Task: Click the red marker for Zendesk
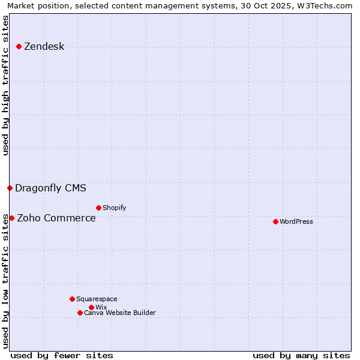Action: click(19, 46)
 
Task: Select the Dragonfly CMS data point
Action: click(10, 188)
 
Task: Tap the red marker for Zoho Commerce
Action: click(11, 218)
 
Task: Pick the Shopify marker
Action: click(98, 208)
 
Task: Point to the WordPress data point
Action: click(275, 221)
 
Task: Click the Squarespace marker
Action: click(72, 299)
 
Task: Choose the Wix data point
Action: click(91, 307)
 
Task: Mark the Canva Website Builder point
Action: click(80, 313)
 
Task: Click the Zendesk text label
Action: click(44, 47)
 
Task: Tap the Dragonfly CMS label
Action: click(50, 188)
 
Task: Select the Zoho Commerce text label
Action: click(56, 218)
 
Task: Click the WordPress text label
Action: click(296, 221)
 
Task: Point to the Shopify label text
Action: click(114, 208)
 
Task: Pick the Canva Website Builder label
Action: click(119, 313)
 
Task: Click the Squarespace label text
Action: click(97, 299)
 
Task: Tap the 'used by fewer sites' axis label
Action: click(62, 355)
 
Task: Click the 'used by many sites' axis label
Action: click(301, 355)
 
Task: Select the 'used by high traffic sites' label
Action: click(6, 85)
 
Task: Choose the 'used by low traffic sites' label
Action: click(6, 280)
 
